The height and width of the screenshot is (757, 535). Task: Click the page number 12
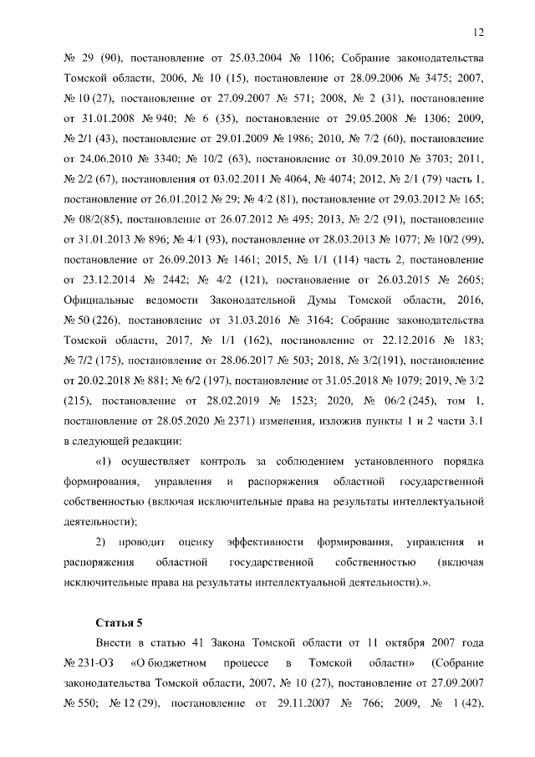(478, 33)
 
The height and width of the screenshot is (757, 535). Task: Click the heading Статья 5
(120, 623)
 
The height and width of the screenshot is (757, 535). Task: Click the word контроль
(222, 461)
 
